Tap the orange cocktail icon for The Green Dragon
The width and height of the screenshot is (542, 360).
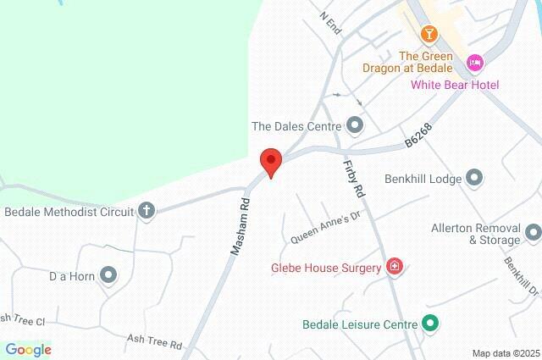[429, 34]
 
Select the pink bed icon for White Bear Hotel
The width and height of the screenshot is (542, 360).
[475, 63]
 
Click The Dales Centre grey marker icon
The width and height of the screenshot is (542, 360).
[355, 126]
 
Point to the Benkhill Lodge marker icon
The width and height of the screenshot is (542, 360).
[473, 178]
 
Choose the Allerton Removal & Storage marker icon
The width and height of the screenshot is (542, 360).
[533, 231]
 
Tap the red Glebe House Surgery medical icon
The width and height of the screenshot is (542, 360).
[394, 268]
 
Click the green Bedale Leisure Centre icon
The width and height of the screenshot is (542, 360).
[430, 324]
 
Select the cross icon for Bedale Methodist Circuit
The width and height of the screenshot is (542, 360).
[147, 211]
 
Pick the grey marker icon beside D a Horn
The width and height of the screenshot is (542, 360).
[108, 274]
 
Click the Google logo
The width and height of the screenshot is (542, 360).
[28, 349]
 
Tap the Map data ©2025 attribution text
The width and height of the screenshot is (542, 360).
[505, 353]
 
